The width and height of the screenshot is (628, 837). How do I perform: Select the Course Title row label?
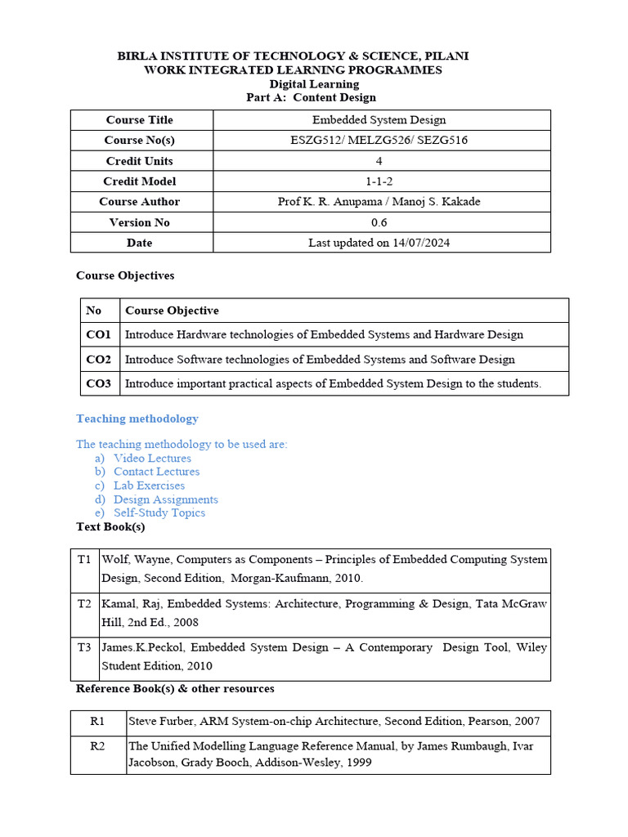140,120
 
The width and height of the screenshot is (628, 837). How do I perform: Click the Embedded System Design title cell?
379,120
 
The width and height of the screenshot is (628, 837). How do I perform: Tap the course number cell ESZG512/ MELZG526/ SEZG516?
379,141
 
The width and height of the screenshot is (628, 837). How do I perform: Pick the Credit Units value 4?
379,161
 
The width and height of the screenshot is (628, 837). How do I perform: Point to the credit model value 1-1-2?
379,181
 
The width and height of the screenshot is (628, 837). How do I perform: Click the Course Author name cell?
379,202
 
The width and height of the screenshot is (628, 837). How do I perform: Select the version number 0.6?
379,222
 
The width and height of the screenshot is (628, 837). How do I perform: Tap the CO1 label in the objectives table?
98,334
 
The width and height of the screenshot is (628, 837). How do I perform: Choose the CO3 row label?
98,383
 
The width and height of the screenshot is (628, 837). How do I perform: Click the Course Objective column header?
172,311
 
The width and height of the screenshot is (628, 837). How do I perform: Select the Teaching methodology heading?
137,418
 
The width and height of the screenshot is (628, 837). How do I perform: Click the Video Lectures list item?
152,459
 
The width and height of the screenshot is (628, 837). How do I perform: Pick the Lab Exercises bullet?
149,486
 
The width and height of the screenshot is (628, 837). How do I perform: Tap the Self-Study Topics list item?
159,512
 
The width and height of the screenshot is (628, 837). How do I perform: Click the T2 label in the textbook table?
85,604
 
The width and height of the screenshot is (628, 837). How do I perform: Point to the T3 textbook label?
85,647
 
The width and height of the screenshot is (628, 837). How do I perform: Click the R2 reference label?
98,745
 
